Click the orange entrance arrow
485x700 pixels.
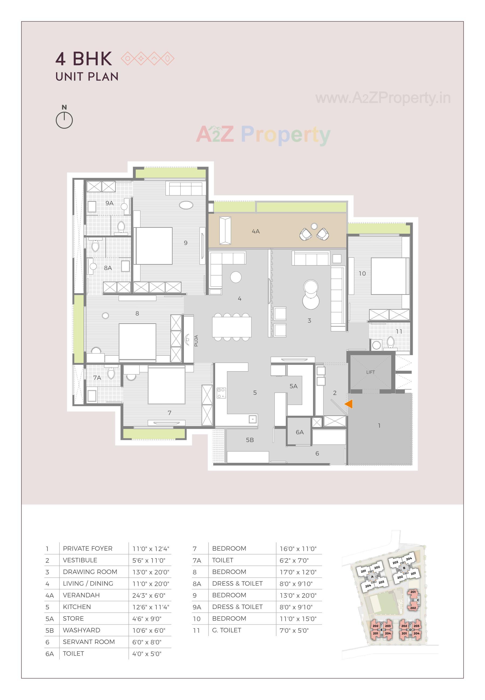click(x=349, y=404)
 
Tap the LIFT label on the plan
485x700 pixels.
click(x=370, y=372)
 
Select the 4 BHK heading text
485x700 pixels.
click(x=84, y=59)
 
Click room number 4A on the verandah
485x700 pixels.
click(x=256, y=231)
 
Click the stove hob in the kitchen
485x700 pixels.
click(x=221, y=393)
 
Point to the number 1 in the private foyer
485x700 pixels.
click(x=379, y=426)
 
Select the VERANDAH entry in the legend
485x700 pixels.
click(x=81, y=595)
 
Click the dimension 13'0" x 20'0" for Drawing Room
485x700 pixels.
click(x=150, y=572)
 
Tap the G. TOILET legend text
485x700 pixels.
click(x=226, y=630)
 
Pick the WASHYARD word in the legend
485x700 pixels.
click(x=81, y=630)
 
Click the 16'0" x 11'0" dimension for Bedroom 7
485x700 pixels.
click(x=298, y=549)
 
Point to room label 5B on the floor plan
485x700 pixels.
click(x=250, y=440)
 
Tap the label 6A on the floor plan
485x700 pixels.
click(x=300, y=432)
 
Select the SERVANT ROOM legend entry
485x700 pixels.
click(x=89, y=642)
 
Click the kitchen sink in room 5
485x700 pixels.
click(x=253, y=419)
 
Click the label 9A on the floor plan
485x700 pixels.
click(x=109, y=203)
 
